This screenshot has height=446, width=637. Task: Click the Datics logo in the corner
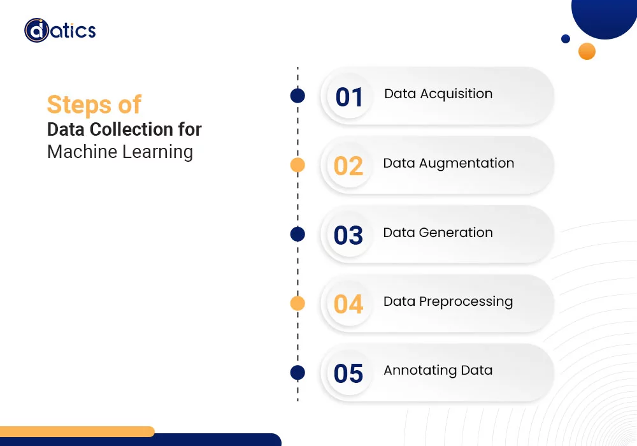pos(60,30)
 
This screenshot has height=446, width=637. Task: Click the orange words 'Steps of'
pos(94,104)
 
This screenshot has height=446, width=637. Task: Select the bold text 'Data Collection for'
pos(124,130)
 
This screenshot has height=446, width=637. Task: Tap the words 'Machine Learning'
pos(120,152)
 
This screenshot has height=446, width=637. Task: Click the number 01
pos(349,97)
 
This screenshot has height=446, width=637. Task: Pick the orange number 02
pos(348,166)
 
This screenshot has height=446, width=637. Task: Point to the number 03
pos(348,235)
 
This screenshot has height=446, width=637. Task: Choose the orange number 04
pos(348,304)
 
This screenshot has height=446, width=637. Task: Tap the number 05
pos(348,373)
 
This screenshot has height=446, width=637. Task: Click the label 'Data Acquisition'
pos(438,94)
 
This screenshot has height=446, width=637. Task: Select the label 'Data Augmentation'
pos(448,163)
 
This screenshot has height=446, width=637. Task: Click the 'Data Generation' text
pos(438,233)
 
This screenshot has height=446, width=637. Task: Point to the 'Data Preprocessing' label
pos(448,301)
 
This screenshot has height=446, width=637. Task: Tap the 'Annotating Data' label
pos(438,370)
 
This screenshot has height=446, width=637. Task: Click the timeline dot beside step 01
pos(297,96)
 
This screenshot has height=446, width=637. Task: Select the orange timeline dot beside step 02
pos(297,166)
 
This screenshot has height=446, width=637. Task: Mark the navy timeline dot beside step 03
pos(297,234)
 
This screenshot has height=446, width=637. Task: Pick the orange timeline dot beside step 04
pos(297,304)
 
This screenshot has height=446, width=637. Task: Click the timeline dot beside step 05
pos(297,373)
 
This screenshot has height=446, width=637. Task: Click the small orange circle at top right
pos(587,51)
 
